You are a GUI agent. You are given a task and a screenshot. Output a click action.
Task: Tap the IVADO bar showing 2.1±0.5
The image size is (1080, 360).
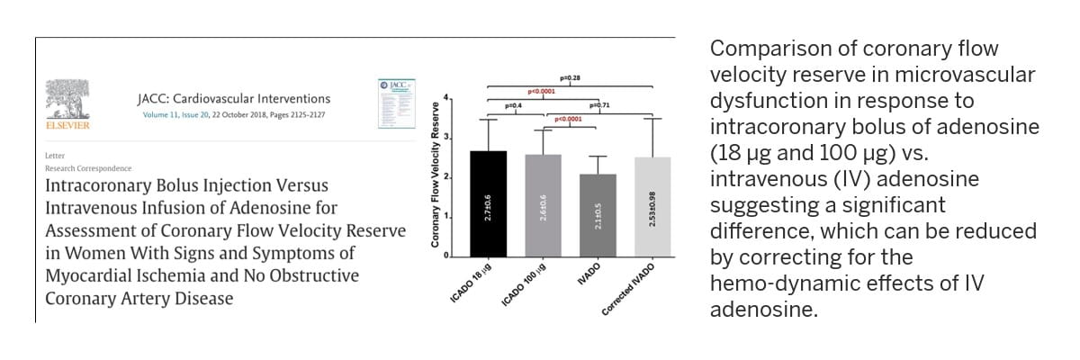(x=598, y=215)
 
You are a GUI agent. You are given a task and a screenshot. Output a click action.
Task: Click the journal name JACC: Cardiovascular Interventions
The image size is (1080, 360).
(x=228, y=99)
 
